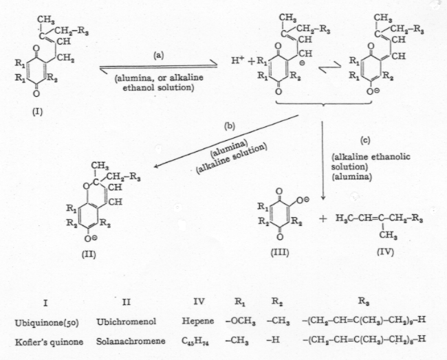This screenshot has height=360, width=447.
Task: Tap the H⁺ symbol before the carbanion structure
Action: [235, 61]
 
